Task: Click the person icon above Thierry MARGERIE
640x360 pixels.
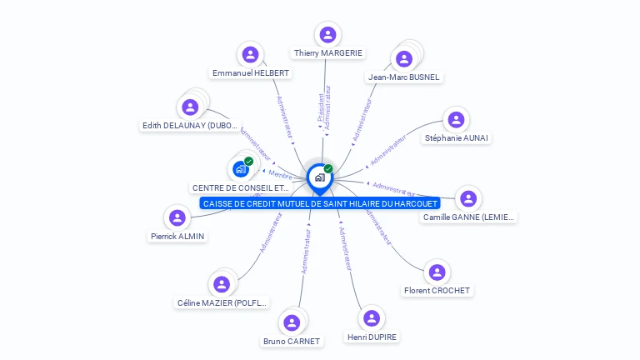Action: coord(327,35)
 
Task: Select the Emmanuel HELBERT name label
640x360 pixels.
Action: coord(251,73)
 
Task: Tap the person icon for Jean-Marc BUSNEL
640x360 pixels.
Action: coord(404,59)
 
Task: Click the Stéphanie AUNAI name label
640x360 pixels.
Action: coord(457,137)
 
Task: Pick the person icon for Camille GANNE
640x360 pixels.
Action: coord(469,198)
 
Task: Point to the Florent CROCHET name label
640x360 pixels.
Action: coord(437,291)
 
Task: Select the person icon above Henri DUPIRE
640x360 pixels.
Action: coord(372,318)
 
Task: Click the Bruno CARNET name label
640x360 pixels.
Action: coord(292,341)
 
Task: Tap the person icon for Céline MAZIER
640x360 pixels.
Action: coord(221,284)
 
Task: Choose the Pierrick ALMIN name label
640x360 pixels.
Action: coord(177,236)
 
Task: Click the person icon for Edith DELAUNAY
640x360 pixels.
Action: coord(190,107)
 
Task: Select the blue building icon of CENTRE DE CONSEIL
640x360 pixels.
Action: coord(240,169)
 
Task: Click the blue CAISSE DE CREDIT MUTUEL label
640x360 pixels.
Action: coord(320,203)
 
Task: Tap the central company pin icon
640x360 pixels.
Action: coord(318,177)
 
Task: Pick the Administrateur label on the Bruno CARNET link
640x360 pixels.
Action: coord(307,252)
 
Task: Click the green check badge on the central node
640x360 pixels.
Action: coord(328,169)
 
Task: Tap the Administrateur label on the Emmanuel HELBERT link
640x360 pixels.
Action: coord(284,116)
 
